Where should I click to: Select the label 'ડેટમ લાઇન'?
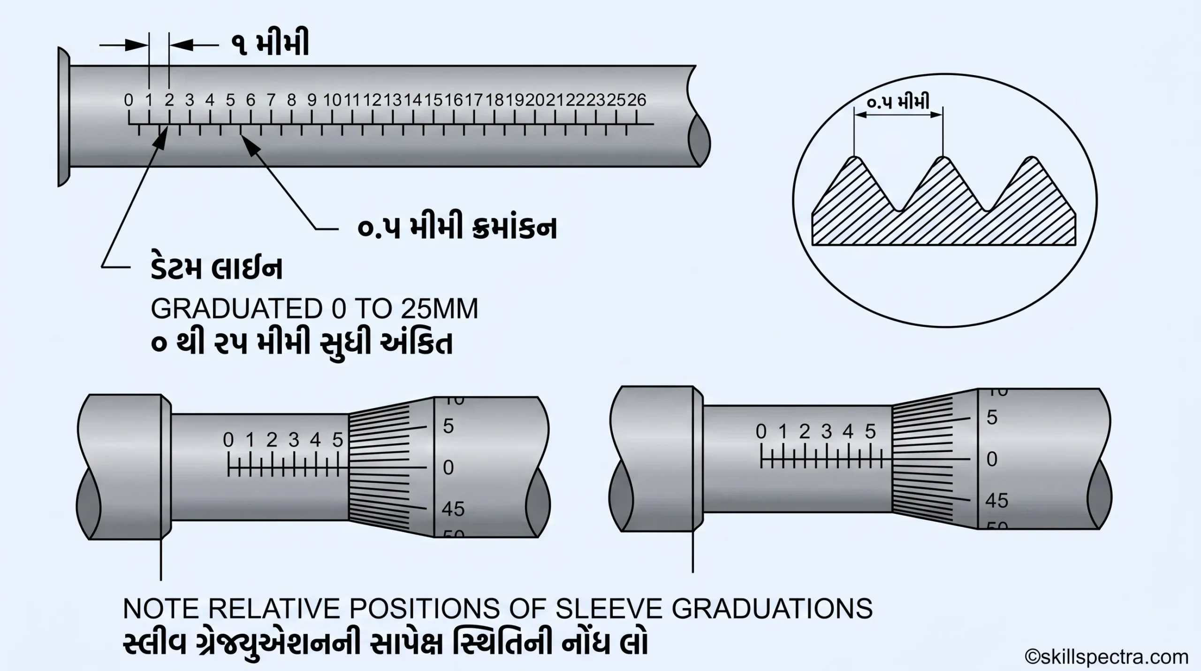pyautogui.click(x=216, y=269)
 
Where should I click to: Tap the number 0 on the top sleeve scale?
pyautogui.click(x=129, y=100)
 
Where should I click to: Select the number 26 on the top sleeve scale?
pyautogui.click(x=637, y=100)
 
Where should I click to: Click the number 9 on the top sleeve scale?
pyautogui.click(x=312, y=100)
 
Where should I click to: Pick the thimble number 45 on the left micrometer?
pyautogui.click(x=453, y=509)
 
